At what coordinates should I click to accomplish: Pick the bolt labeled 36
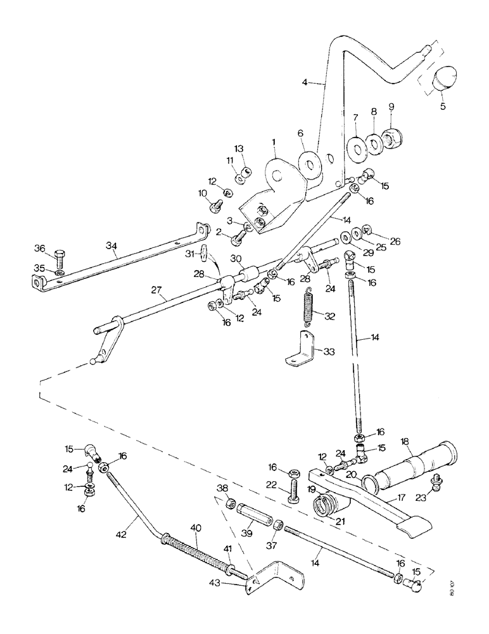pyautogui.click(x=60, y=259)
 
